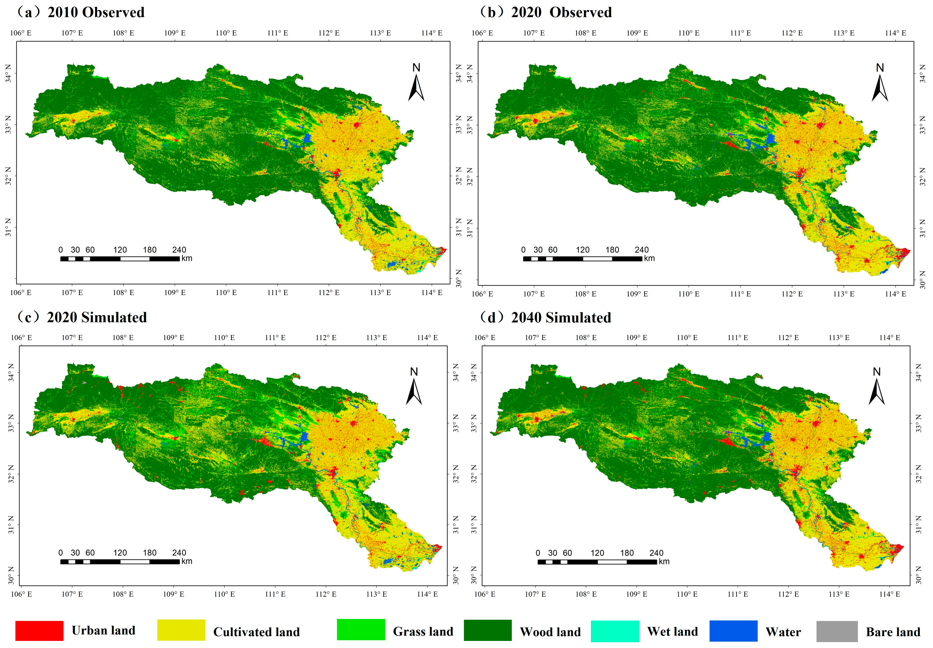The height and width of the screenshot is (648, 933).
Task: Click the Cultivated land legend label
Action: point(257,632)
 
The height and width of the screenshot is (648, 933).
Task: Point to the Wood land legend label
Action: point(550,632)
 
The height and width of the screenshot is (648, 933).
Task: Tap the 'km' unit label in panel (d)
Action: point(664,562)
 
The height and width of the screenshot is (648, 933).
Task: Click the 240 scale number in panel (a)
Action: point(179,250)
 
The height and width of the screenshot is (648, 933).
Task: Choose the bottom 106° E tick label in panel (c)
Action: point(21,594)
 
